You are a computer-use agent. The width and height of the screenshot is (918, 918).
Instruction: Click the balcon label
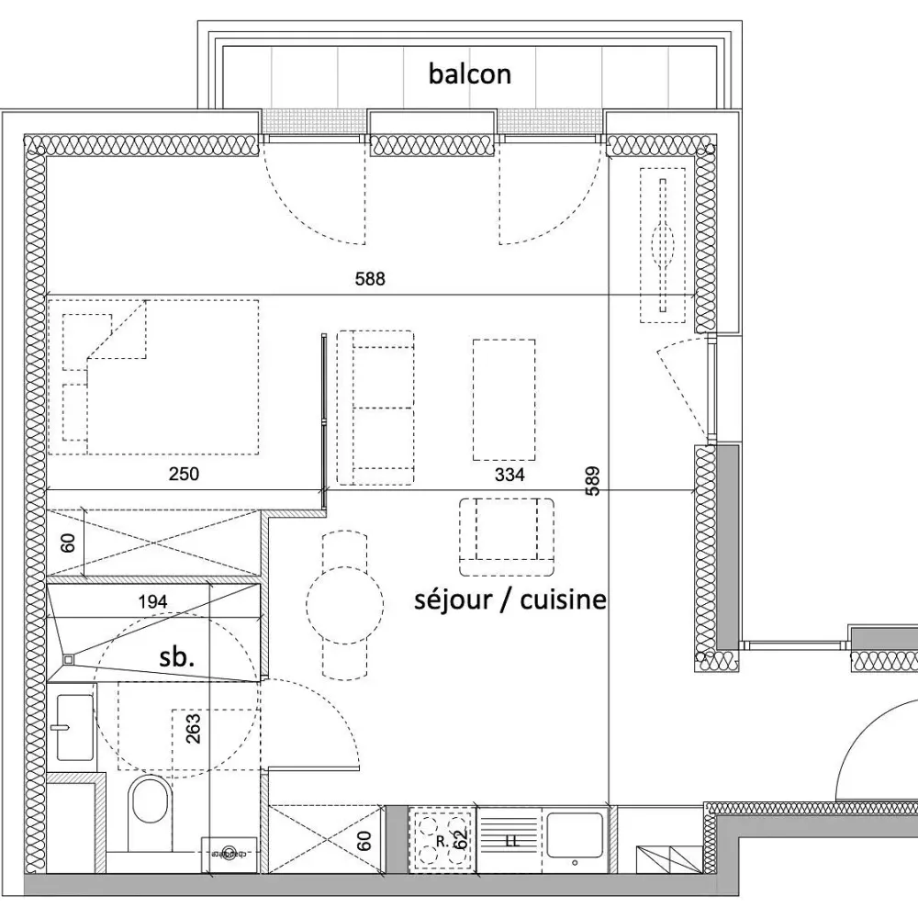[x=469, y=73]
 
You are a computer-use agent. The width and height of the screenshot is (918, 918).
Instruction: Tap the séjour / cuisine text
[x=509, y=600]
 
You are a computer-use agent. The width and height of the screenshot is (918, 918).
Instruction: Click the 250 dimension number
[x=184, y=475]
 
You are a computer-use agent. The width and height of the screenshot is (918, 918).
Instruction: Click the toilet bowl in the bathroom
[x=150, y=800]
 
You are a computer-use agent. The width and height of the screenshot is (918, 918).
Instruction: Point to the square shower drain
[x=69, y=658]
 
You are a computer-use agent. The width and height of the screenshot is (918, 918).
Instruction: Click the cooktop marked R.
[x=441, y=839]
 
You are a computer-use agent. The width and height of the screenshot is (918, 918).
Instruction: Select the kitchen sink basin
[x=575, y=834]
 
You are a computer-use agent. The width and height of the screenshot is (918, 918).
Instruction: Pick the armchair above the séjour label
[x=507, y=532]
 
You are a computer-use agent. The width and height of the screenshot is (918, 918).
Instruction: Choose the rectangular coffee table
[x=504, y=399]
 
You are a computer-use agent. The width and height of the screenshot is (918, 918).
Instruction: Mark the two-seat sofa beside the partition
[x=376, y=409]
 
